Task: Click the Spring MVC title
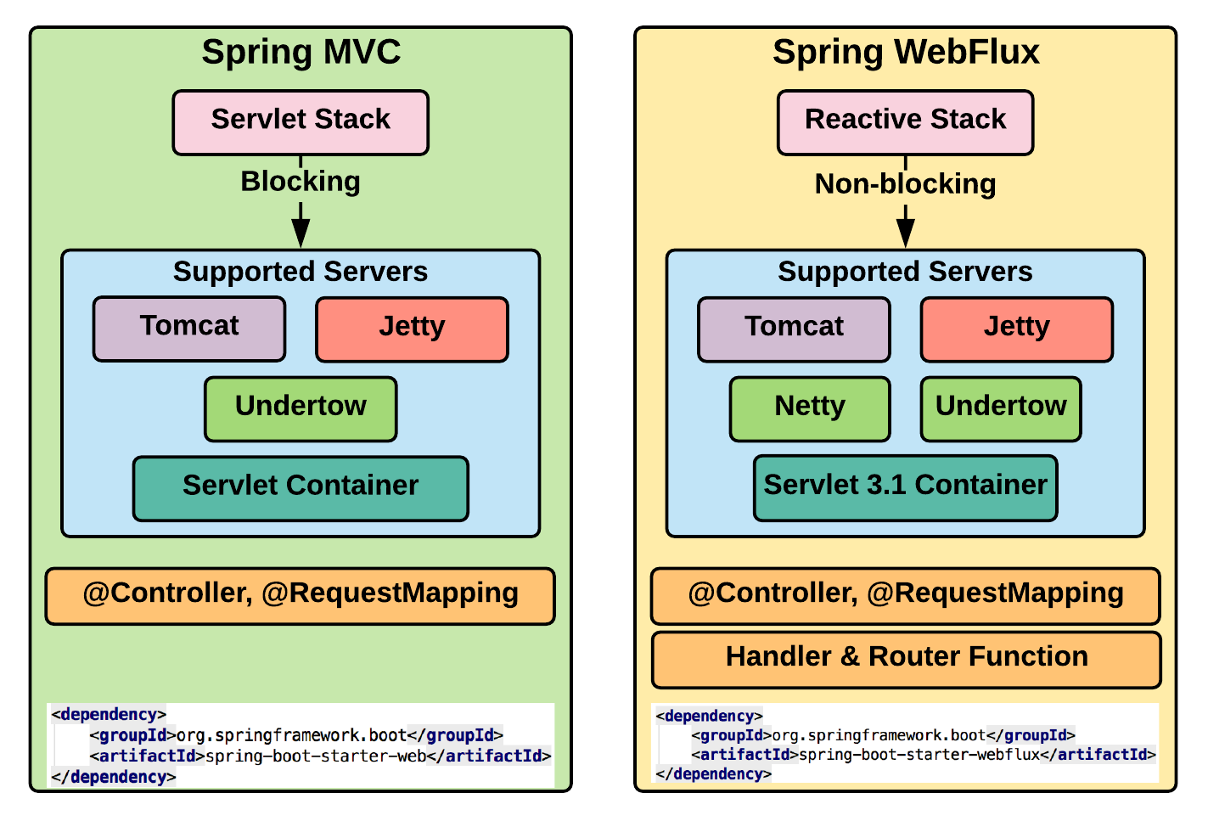click(x=301, y=53)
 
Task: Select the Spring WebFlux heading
click(x=905, y=53)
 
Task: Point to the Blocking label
click(x=301, y=182)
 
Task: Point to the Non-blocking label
click(x=905, y=184)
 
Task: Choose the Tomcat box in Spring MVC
click(x=189, y=329)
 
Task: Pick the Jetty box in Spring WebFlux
click(x=1016, y=329)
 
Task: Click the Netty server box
click(x=810, y=408)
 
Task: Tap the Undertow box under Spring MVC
click(x=301, y=408)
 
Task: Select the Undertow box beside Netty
click(x=1001, y=408)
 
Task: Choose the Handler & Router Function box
click(x=906, y=659)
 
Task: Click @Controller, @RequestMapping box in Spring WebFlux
click(x=905, y=595)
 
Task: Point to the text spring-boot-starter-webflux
click(x=919, y=754)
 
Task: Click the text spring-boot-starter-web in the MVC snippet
click(x=316, y=756)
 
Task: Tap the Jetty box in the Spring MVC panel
click(x=412, y=329)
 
